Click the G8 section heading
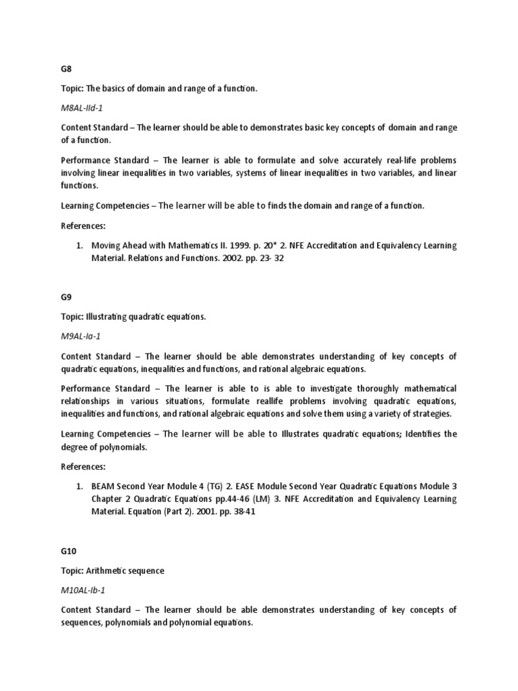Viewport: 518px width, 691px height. pyautogui.click(x=67, y=68)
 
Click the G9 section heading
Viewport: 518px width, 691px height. pyautogui.click(x=67, y=296)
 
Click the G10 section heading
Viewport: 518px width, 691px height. pyautogui.click(x=69, y=551)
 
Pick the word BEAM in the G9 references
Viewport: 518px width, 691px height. pyautogui.click(x=103, y=487)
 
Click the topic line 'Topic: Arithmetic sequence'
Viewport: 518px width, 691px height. pyautogui.click(x=113, y=571)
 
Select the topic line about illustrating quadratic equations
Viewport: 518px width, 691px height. pyautogui.click(x=134, y=316)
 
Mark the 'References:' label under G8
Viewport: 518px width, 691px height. pyautogui.click(x=84, y=225)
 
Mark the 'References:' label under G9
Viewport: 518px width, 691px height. pyautogui.click(x=84, y=466)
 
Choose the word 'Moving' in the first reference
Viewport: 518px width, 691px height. pyautogui.click(x=107, y=246)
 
